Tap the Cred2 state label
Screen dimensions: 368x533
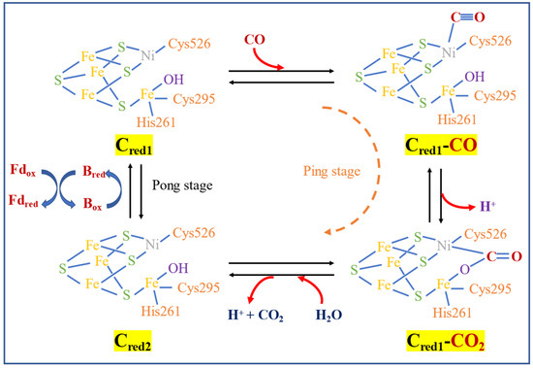pyautogui.click(x=139, y=342)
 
